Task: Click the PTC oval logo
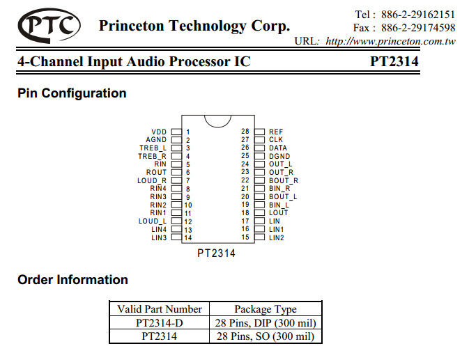pyautogui.click(x=49, y=26)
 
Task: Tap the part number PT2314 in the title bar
pyautogui.click(x=394, y=61)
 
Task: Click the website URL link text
pyautogui.click(x=391, y=41)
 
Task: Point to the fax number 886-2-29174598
pyautogui.click(x=418, y=28)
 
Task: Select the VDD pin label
pyautogui.click(x=159, y=132)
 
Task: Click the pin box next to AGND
pyautogui.click(x=176, y=140)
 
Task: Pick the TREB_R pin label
pyautogui.click(x=152, y=156)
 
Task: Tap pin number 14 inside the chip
pyautogui.click(x=188, y=238)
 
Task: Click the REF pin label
pyautogui.click(x=276, y=132)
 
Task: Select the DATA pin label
pyautogui.click(x=278, y=148)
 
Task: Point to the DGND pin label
pyautogui.click(x=279, y=156)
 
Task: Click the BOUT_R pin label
pyautogui.click(x=284, y=180)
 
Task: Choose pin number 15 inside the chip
pyautogui.click(x=245, y=237)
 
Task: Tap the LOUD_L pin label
pyautogui.click(x=153, y=221)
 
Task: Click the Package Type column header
pyautogui.click(x=266, y=309)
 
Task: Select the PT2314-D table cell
pyautogui.click(x=159, y=323)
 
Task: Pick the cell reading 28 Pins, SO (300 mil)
pyautogui.click(x=266, y=336)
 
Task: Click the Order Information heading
pyautogui.click(x=72, y=280)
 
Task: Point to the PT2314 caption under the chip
pyautogui.click(x=216, y=253)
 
